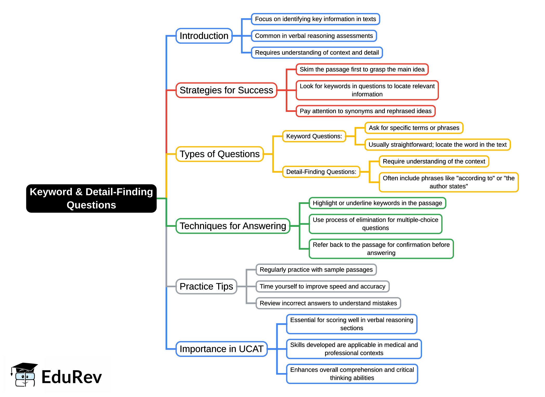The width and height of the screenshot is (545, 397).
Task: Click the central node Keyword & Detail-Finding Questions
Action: tap(91, 198)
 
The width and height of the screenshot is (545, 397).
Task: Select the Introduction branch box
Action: tap(204, 36)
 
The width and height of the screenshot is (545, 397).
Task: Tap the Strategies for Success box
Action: tap(226, 90)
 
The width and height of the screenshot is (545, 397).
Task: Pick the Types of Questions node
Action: tap(219, 154)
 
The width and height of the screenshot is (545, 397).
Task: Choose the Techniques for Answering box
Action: tap(233, 226)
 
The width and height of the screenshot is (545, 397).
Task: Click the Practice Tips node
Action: tap(206, 286)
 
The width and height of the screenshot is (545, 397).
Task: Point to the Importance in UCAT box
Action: tap(222, 349)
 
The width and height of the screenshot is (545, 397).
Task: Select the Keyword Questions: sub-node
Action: tap(314, 136)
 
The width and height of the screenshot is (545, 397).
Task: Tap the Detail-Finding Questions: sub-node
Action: tap(321, 172)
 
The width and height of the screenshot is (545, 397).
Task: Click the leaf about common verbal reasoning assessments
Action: tap(314, 36)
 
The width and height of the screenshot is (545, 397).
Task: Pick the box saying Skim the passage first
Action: tap(362, 69)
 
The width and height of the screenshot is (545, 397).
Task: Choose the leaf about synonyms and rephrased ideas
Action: tap(365, 111)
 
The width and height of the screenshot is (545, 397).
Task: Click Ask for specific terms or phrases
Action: tap(414, 128)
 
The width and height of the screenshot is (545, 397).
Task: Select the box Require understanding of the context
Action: tap(434, 161)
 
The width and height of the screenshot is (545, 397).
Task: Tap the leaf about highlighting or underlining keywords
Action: tap(377, 203)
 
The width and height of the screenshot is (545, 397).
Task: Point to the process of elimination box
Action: tap(375, 224)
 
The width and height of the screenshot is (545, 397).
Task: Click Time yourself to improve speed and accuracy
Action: tap(322, 286)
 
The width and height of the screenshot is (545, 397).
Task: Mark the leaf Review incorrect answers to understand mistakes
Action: tap(328, 303)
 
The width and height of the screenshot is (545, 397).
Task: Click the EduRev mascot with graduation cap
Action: tap(24, 375)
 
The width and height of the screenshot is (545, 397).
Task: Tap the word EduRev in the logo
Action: tap(72, 377)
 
